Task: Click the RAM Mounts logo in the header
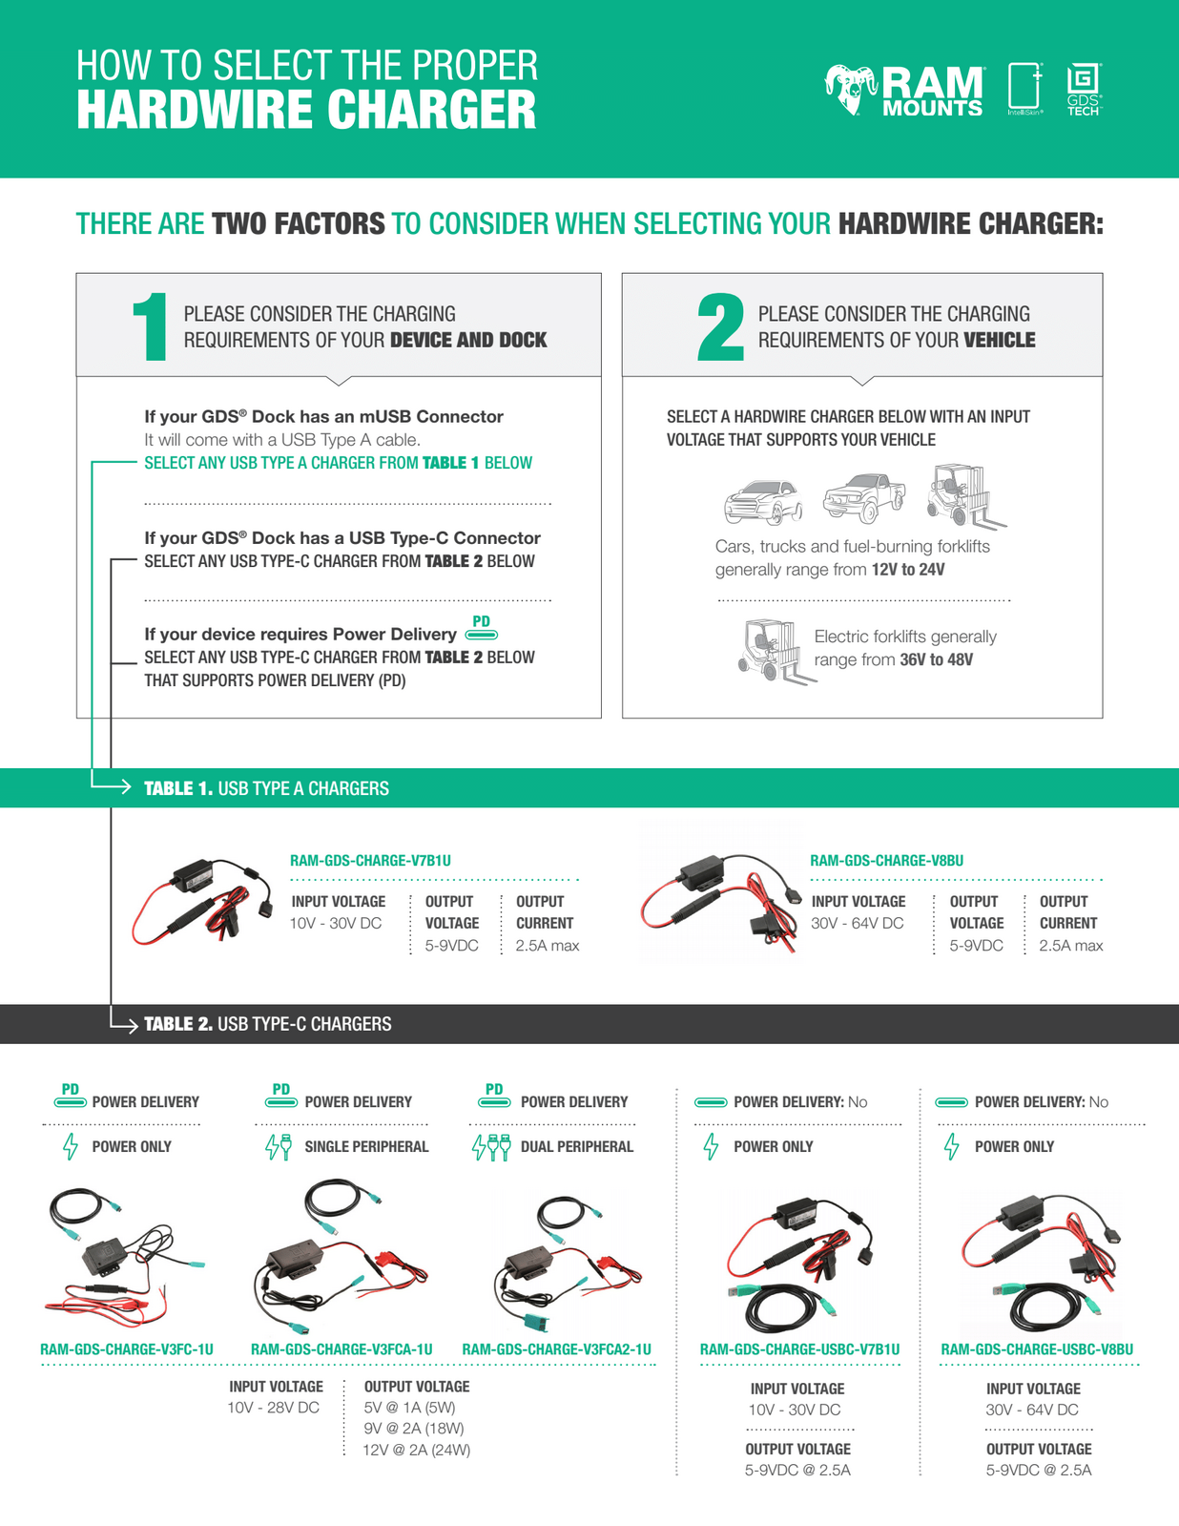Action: click(903, 92)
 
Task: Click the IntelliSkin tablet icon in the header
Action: click(1025, 88)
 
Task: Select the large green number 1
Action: click(151, 327)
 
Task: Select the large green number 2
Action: click(720, 327)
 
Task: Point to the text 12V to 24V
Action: click(908, 570)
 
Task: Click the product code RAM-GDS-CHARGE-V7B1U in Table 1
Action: click(370, 861)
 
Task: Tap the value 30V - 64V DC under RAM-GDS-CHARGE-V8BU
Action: click(857, 923)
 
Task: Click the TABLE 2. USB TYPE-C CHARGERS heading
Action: click(267, 1024)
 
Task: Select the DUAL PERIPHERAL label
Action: click(576, 1146)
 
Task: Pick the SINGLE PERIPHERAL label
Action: click(366, 1146)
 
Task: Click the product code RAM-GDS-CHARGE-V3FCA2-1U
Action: click(556, 1349)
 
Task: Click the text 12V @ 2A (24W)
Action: click(417, 1450)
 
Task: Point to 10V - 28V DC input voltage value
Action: click(273, 1408)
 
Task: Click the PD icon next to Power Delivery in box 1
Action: click(482, 628)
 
